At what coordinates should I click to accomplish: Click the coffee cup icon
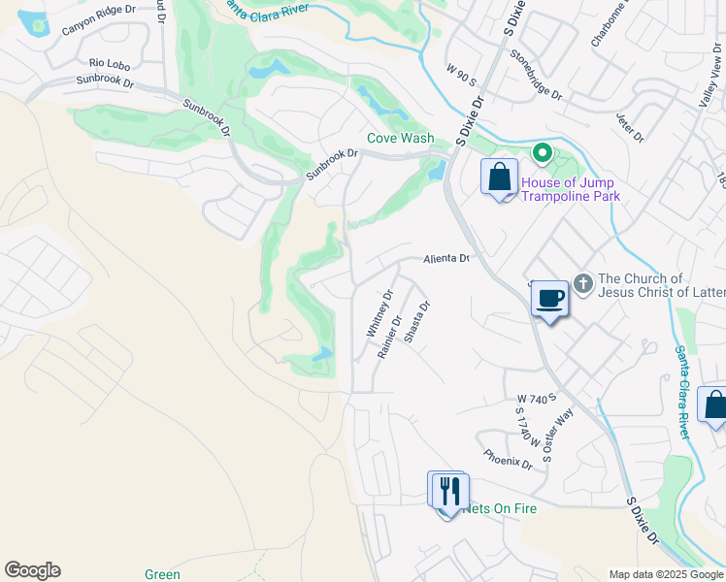pos(549,298)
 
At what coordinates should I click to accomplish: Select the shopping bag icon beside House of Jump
pos(500,178)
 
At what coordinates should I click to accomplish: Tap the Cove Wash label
pos(400,138)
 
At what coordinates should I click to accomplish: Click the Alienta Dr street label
pos(445,259)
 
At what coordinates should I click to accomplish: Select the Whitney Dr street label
pos(379,314)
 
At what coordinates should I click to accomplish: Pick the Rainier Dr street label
pos(390,336)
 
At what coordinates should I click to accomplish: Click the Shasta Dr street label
pos(415,320)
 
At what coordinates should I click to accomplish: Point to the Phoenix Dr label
pos(508,458)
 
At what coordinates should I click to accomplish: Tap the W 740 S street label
pos(535,399)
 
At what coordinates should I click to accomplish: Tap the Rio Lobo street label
pos(103,65)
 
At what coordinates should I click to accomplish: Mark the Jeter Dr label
pos(630,127)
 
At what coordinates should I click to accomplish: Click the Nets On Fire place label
pos(501,508)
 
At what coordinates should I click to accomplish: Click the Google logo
pos(32,570)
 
